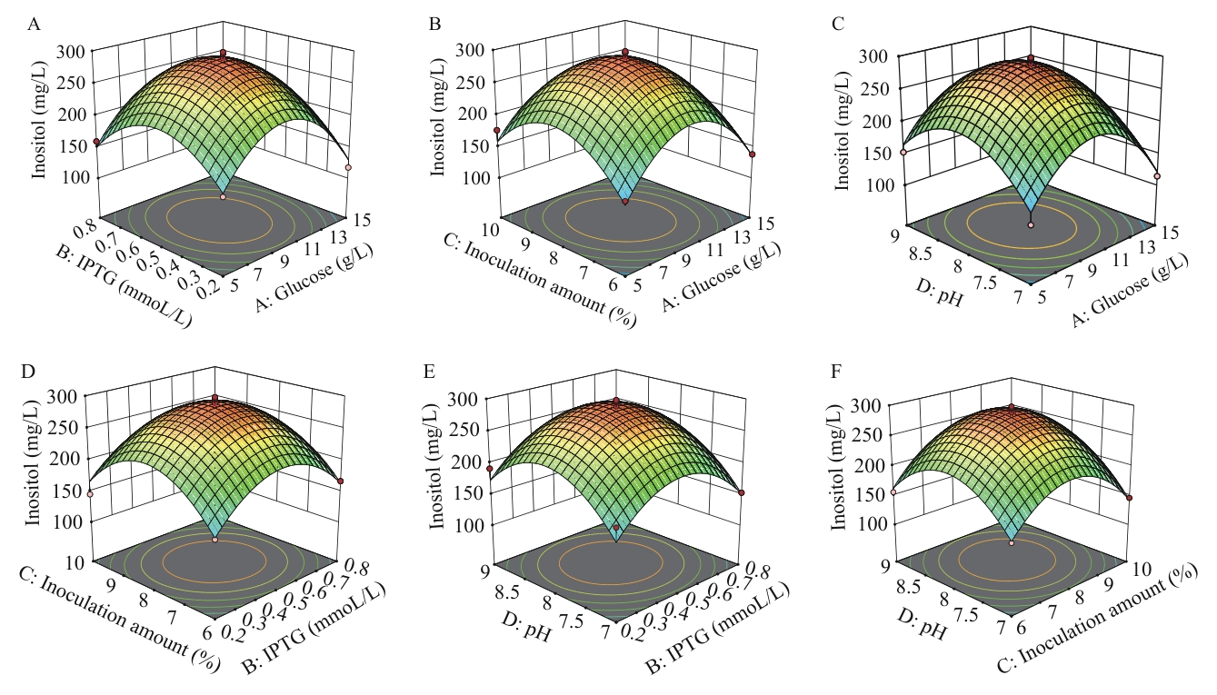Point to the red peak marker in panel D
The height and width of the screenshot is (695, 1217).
pyautogui.click(x=215, y=398)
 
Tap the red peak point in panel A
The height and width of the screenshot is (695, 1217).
pyautogui.click(x=224, y=55)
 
